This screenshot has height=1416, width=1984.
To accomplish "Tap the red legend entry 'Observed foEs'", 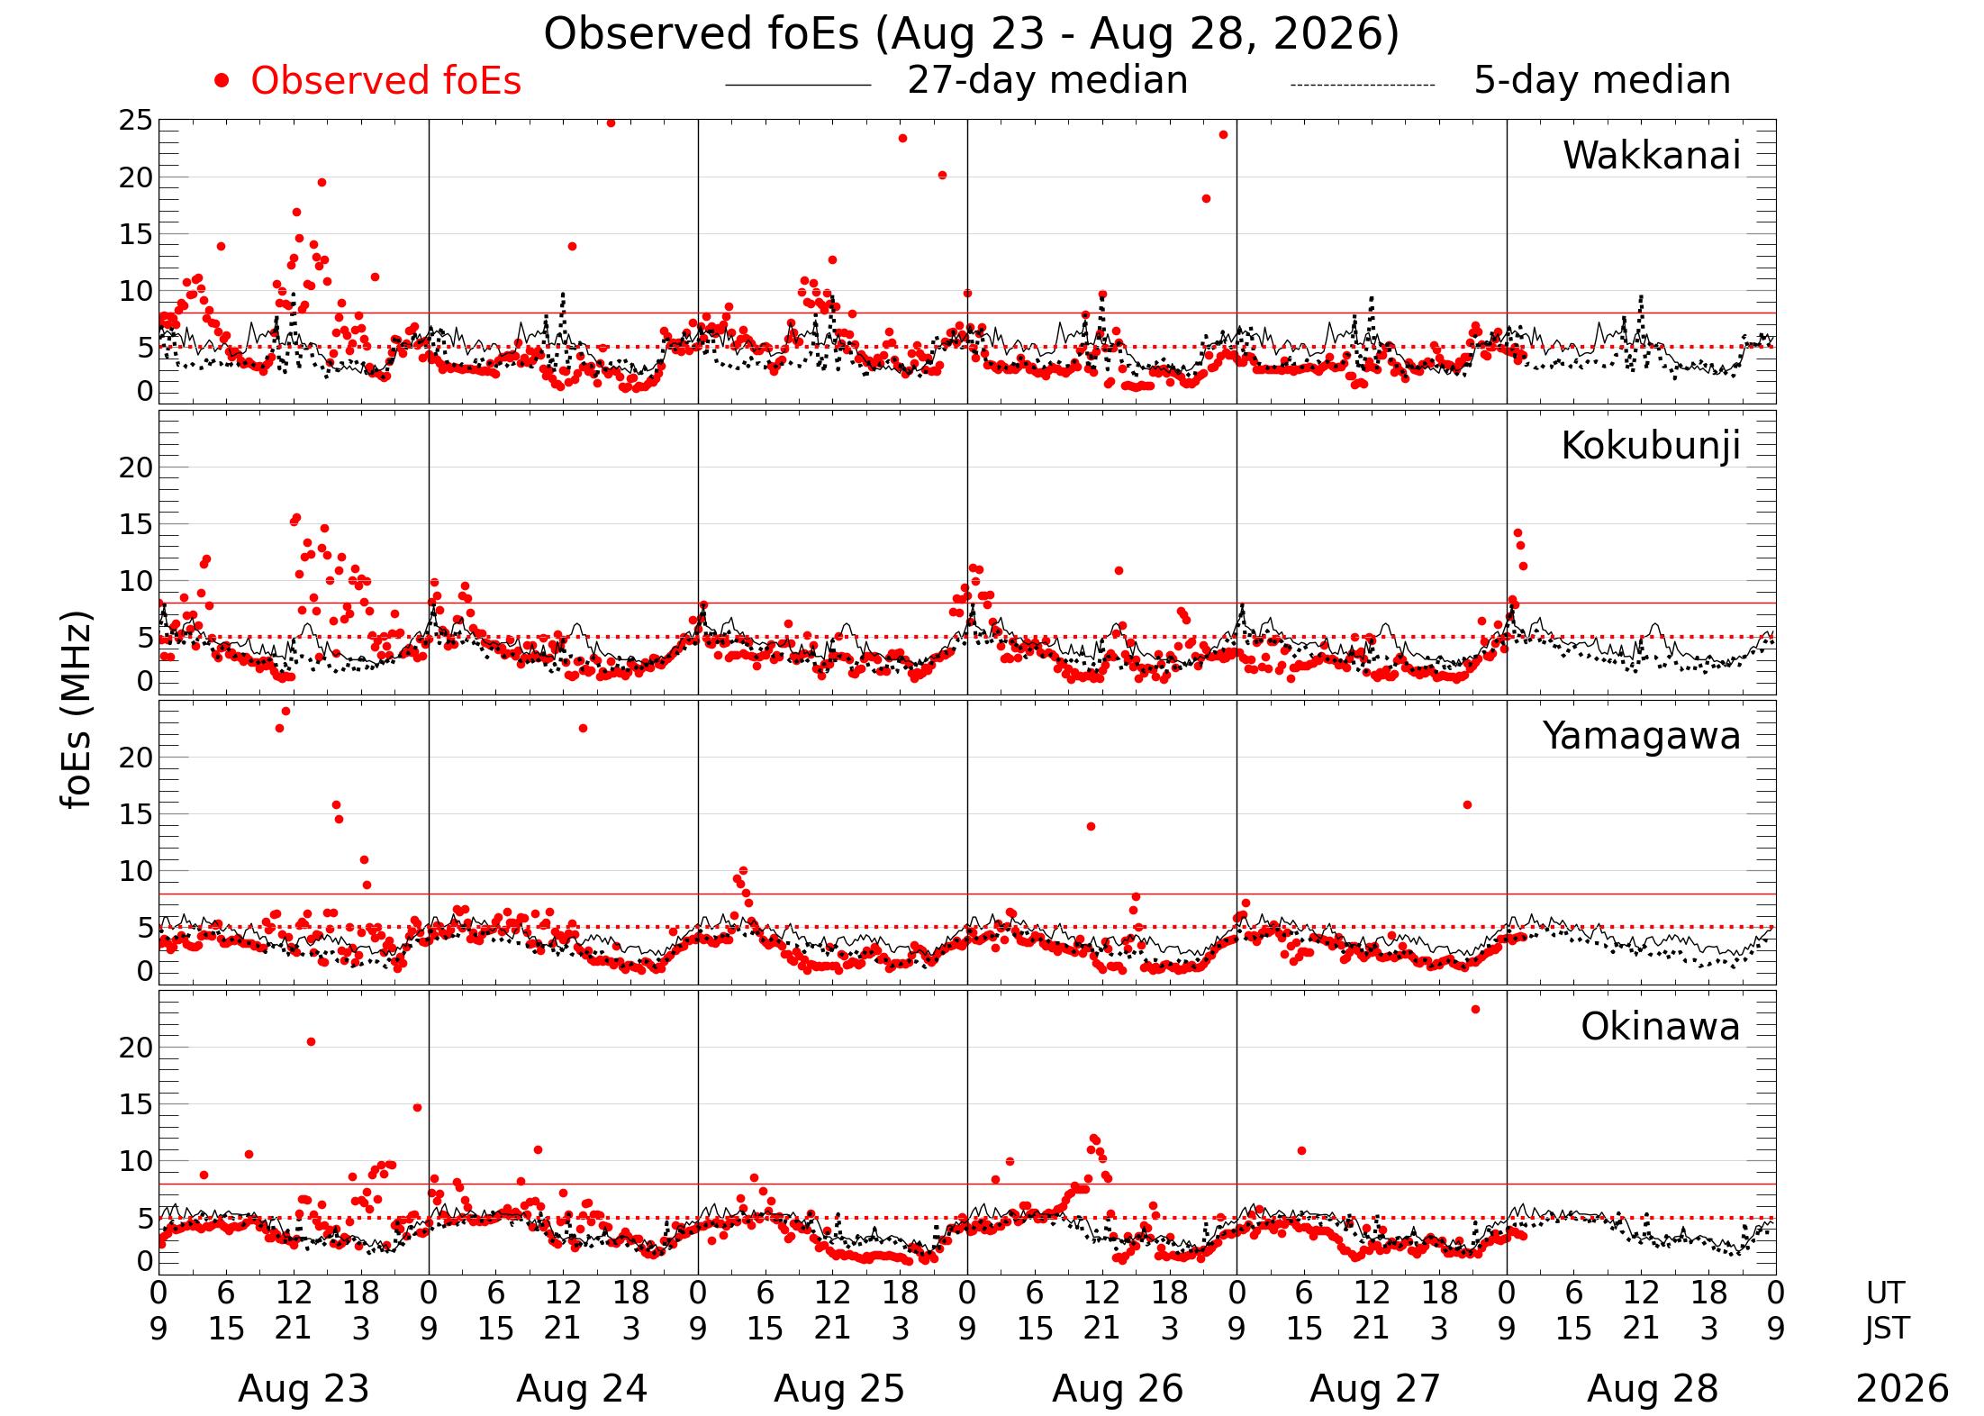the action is coord(385,81).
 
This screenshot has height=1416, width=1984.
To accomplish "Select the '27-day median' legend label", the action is coord(1047,81).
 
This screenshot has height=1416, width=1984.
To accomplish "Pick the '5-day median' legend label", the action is coord(1602,81).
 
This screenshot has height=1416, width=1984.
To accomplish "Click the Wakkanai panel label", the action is coord(1652,156).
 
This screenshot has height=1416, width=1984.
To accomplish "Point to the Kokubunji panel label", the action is coord(1651,447).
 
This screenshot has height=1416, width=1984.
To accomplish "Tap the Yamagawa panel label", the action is coord(1642,737).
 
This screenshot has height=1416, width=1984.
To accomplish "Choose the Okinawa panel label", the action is coord(1661,1027).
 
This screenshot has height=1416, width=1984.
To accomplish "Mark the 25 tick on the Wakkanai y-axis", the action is coord(136,121).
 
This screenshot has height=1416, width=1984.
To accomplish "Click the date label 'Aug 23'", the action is coord(303,1389).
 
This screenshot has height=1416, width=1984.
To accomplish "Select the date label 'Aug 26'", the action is coord(1118,1389).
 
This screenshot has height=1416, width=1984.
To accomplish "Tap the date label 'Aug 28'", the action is coord(1653,1389).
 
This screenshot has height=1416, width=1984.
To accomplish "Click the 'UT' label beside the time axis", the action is coord(1885,1293).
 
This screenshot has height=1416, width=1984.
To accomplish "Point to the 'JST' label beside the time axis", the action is coord(1887,1329).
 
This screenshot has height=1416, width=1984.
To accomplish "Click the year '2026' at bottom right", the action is coord(1902,1389).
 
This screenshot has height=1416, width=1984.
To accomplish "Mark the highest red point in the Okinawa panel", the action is coord(1475,1010).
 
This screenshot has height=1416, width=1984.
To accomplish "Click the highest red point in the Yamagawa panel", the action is coord(285,712).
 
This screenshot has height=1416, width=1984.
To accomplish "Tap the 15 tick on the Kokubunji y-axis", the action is coord(136,525).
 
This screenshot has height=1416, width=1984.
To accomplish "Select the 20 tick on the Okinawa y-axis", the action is coord(136,1048).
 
